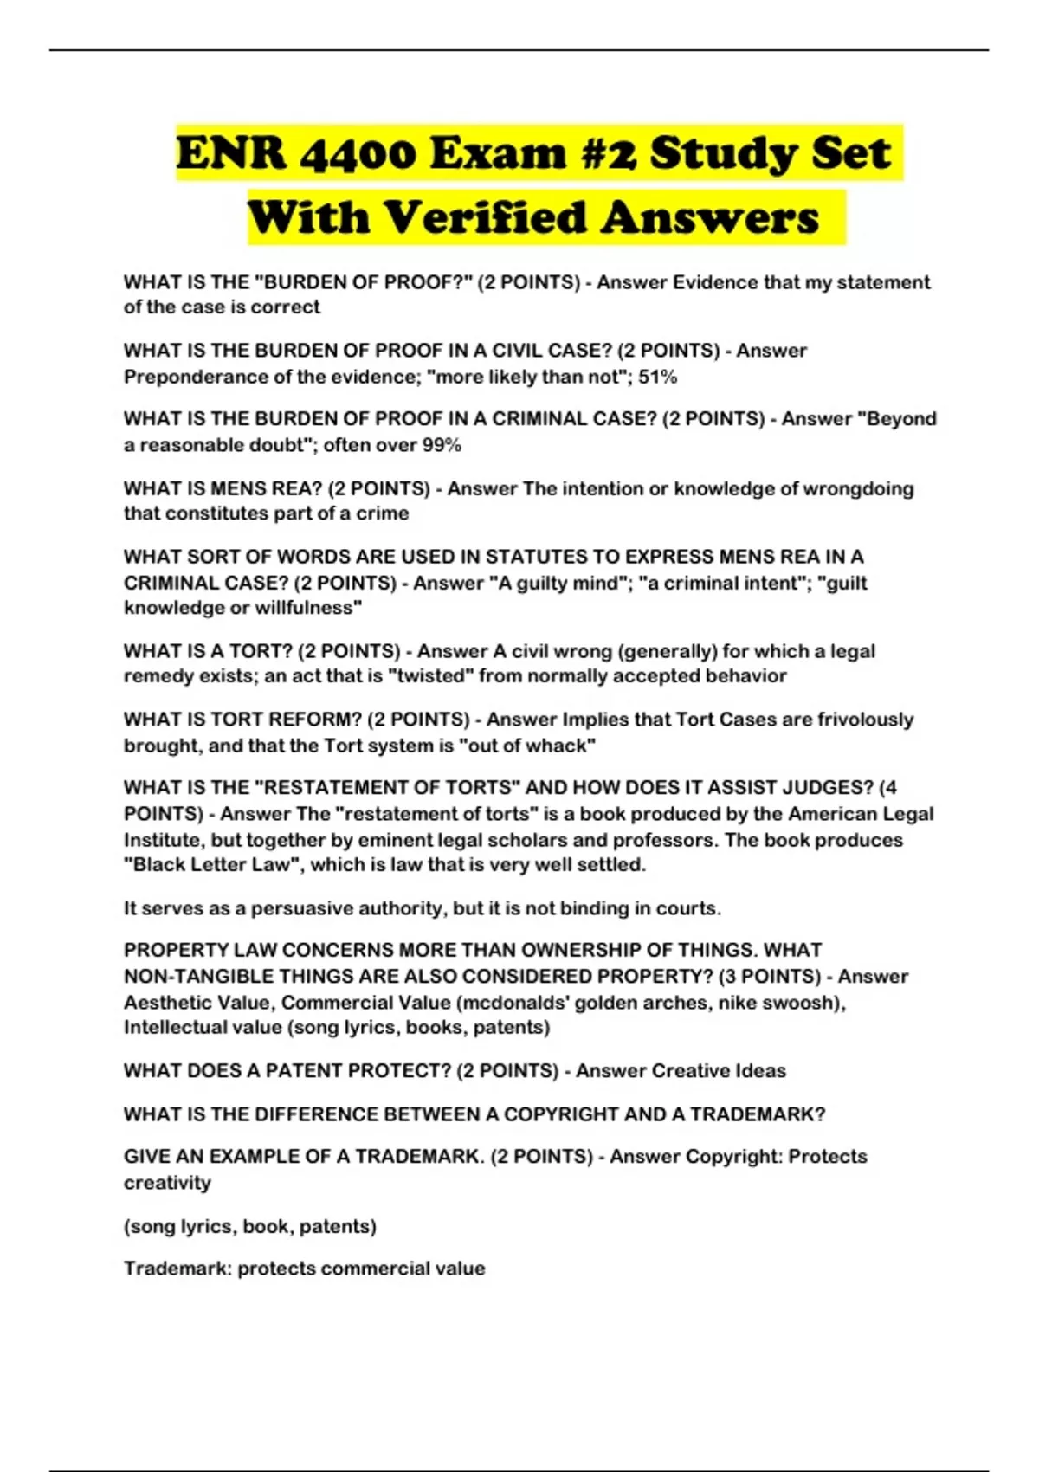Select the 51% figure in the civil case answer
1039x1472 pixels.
658,377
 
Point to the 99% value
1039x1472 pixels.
442,445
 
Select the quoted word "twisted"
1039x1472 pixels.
432,675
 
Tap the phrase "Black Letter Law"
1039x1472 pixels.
209,864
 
